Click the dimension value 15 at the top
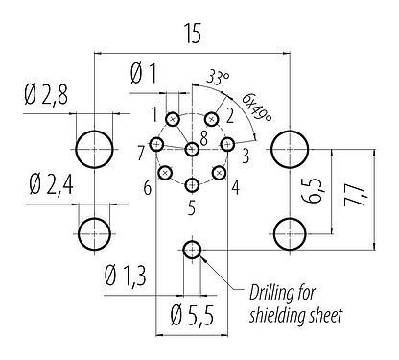tap(192, 35)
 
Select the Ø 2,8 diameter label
tap(45, 95)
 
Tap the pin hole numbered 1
tap(173, 120)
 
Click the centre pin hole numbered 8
tap(192, 149)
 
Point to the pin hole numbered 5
tap(192, 185)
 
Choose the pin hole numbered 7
tap(158, 146)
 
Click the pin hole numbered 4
tap(220, 173)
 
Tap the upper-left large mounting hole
tap(94, 148)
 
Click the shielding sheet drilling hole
tap(192, 251)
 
